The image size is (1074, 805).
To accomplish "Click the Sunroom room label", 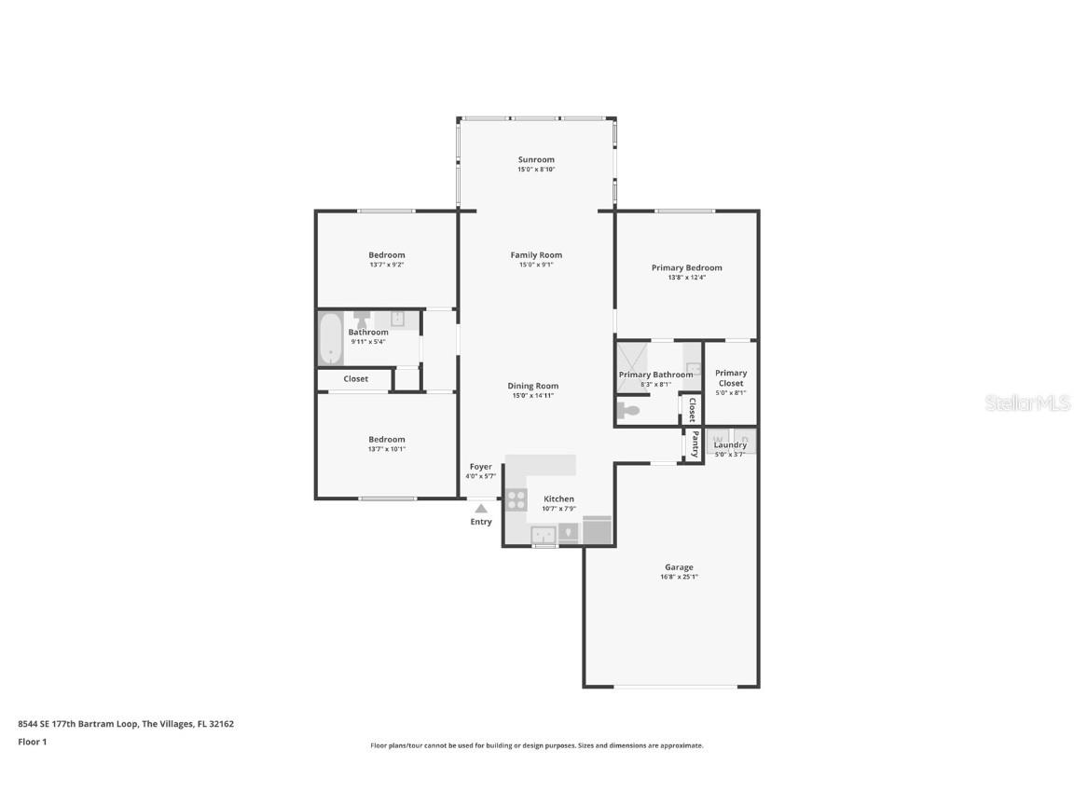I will [536, 159].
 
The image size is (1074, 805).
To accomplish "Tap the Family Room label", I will [536, 254].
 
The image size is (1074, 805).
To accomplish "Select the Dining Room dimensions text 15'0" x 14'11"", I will [533, 395].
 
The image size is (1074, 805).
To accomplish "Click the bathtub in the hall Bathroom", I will [330, 338].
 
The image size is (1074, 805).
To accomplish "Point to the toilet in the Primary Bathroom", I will [629, 410].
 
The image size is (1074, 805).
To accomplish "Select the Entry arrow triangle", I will [481, 509].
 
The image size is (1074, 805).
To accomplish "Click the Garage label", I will [679, 566].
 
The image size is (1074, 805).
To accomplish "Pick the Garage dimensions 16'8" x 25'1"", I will [679, 577].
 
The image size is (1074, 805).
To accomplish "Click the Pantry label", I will [695, 443].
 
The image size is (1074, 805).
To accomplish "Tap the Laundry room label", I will [730, 444].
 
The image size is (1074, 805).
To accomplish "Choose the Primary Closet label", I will [731, 377].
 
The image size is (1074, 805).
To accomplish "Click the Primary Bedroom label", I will [686, 267].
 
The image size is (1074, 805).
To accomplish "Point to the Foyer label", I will [480, 467].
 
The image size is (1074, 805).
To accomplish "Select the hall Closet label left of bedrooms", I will [355, 378].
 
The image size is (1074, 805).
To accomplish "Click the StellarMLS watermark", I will [1028, 402].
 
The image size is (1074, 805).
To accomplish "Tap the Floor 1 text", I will [32, 742].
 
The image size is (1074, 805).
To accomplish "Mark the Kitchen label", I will [558, 498].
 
